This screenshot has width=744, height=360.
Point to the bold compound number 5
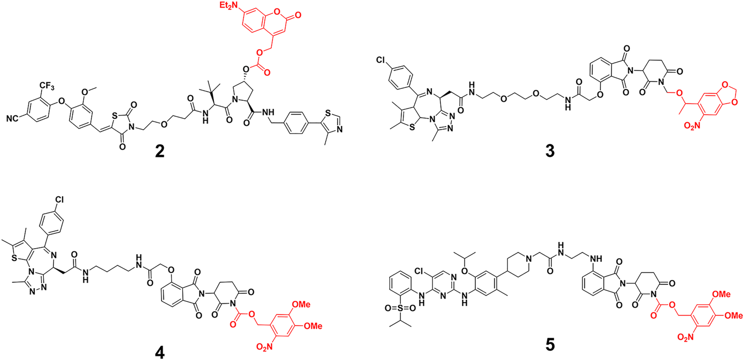tap(550, 344)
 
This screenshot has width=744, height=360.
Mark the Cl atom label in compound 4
tap(59, 200)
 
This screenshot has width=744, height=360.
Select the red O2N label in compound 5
tap(685, 349)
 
